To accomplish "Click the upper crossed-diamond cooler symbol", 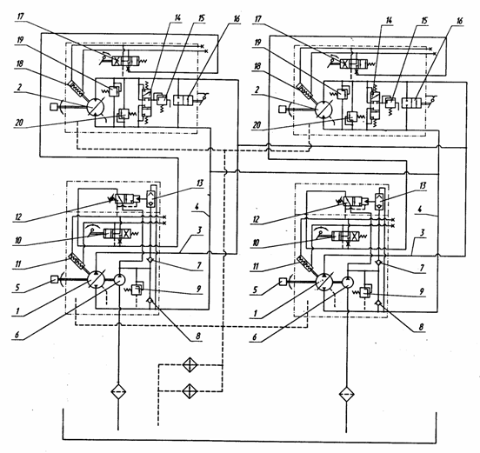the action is (x=190, y=365).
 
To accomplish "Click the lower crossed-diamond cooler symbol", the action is (x=190, y=391).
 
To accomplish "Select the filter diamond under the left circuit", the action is (x=118, y=392).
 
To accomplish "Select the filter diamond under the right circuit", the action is (x=347, y=394).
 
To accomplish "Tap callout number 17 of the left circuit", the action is (x=21, y=17).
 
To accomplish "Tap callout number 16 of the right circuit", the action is (x=459, y=21).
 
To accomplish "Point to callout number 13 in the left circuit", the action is (x=200, y=183).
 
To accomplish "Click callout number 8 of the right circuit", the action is (x=421, y=327).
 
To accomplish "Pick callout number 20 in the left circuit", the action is (x=19, y=123).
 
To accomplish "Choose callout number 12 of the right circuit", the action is (x=256, y=219).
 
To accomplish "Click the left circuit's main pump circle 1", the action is (x=97, y=279).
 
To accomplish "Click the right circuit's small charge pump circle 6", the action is (x=348, y=282).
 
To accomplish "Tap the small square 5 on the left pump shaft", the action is (x=54, y=279).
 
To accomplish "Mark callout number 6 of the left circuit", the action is (x=17, y=335).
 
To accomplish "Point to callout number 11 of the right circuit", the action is (x=256, y=266).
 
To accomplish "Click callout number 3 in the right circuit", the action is (x=422, y=233).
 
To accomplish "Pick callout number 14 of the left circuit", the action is (x=177, y=17).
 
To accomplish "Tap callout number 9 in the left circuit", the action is (x=198, y=289).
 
